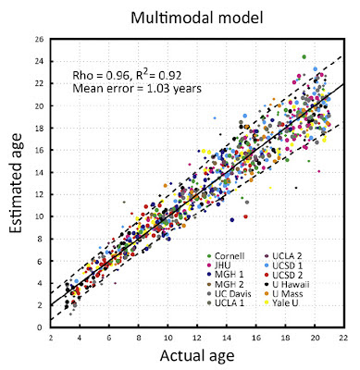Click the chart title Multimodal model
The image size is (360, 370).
pyautogui.click(x=197, y=18)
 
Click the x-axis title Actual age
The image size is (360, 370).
pyautogui.click(x=197, y=356)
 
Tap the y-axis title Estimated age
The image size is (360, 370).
pyautogui.click(x=16, y=183)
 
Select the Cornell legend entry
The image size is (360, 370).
pyautogui.click(x=226, y=256)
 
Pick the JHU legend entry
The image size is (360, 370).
pyautogui.click(x=219, y=265)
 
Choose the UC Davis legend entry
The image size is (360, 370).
pyautogui.click(x=230, y=293)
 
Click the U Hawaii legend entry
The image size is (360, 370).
pyautogui.click(x=288, y=284)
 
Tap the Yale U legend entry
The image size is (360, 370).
pyautogui.click(x=282, y=303)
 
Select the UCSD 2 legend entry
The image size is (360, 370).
pyautogui.click(x=284, y=275)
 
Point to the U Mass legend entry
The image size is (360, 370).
pyautogui.click(x=284, y=293)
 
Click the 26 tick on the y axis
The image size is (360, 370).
pyautogui.click(x=41, y=39)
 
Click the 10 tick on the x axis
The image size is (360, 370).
pyautogui.click(x=168, y=338)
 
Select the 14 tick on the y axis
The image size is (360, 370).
pyautogui.click(x=41, y=172)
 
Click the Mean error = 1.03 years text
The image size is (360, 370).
pyautogui.click(x=137, y=89)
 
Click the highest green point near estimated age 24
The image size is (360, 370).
pyautogui.click(x=304, y=56)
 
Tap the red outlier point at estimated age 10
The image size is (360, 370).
pyautogui.click(x=245, y=216)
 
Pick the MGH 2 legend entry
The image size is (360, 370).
pyautogui.click(x=226, y=284)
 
